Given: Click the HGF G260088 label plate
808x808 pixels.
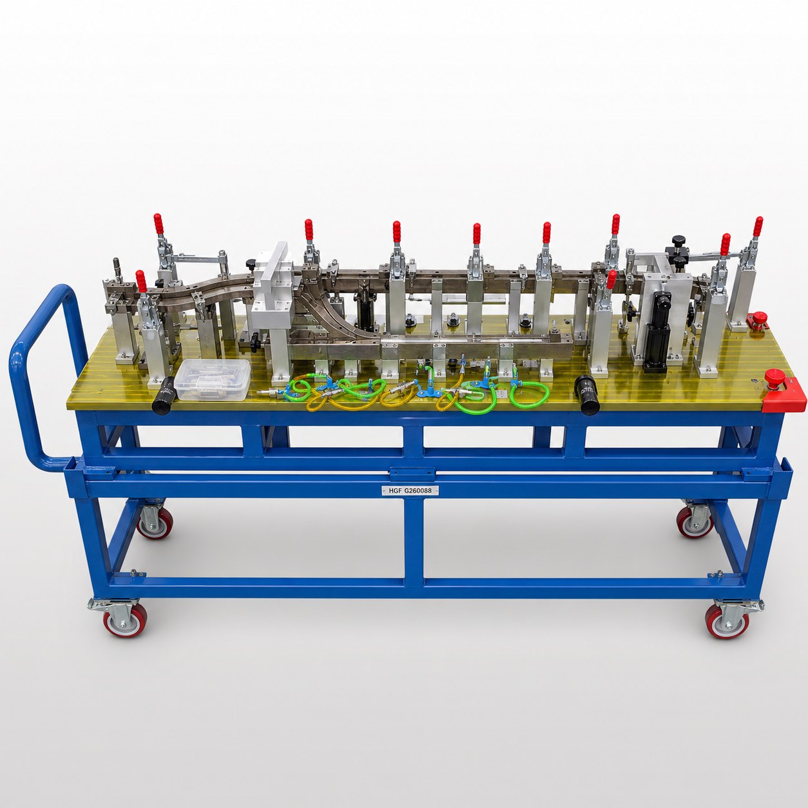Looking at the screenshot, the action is [410, 490].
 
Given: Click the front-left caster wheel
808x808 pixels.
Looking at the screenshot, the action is [124, 620].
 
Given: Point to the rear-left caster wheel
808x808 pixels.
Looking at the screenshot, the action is [154, 521].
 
